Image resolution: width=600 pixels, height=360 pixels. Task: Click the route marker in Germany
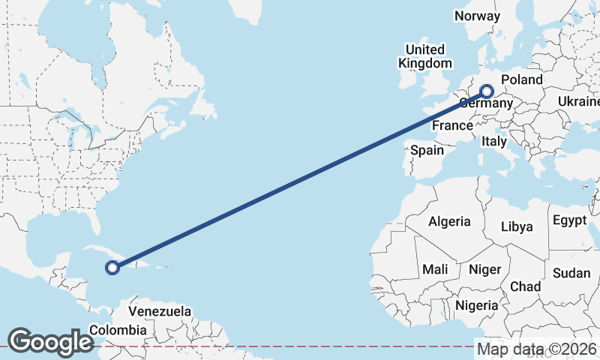[x=487, y=92]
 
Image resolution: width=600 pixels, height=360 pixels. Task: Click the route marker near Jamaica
[x=112, y=267]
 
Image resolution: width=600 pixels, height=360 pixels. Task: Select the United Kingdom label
[x=425, y=57]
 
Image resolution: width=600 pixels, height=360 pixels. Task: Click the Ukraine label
[x=578, y=101]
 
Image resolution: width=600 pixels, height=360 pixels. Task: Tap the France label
[x=452, y=126]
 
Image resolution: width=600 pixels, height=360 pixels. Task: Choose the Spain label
[x=427, y=150]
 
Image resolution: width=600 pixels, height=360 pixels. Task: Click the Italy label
[x=494, y=141]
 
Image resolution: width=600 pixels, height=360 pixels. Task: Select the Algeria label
[x=449, y=221]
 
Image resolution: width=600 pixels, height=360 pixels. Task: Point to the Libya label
[x=517, y=226]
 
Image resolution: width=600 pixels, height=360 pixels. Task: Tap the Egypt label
[x=569, y=220]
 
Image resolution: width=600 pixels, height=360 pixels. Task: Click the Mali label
[x=435, y=268]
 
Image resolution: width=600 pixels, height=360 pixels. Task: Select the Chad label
[x=525, y=286]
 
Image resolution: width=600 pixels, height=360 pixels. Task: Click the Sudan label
[x=571, y=274]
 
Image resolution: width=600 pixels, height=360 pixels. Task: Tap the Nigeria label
[x=477, y=305]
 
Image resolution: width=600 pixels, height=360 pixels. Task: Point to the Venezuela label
[x=160, y=311]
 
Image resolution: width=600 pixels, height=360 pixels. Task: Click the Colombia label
[x=118, y=330]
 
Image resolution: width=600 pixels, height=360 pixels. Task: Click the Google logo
[x=50, y=341]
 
